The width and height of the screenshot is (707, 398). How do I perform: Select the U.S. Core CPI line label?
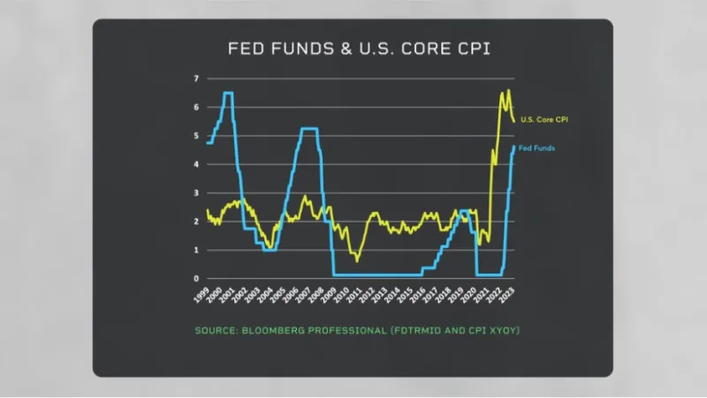point(543,118)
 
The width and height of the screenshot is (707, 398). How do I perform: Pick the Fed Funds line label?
point(536,148)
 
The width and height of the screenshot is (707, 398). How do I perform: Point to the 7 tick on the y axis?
point(197,79)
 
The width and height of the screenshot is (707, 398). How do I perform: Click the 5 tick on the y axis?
point(197,136)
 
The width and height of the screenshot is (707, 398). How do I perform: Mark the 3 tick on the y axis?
point(197,192)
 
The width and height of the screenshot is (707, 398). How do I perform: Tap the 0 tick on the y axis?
point(197,278)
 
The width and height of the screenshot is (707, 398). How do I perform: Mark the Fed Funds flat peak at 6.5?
point(228,93)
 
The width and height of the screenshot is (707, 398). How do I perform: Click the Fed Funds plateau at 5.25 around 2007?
point(308,129)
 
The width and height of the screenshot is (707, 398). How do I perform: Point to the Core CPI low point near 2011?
point(357,260)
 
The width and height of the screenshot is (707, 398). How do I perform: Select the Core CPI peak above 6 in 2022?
point(508,90)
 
